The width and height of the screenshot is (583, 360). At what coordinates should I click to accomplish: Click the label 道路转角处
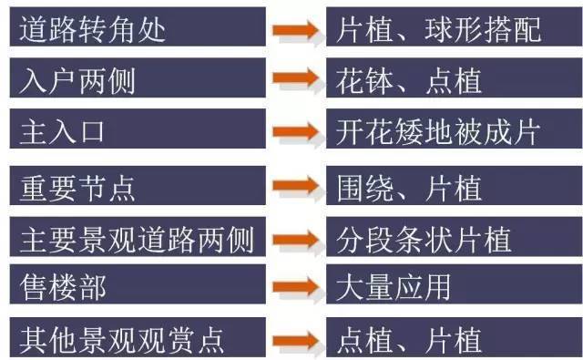(x=92, y=29)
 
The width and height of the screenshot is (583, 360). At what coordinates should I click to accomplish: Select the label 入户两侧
(x=77, y=81)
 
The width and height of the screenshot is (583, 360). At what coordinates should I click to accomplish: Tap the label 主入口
(x=62, y=132)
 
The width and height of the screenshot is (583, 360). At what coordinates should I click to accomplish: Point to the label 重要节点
(x=77, y=189)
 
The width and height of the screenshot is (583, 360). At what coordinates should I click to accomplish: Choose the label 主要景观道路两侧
(x=136, y=240)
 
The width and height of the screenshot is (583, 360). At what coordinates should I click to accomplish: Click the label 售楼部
(x=62, y=289)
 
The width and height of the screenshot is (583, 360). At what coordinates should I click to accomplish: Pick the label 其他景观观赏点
(x=121, y=341)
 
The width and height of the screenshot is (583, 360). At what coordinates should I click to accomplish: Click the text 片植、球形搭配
(x=438, y=29)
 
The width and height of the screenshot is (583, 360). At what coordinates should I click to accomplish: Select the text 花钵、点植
(x=408, y=81)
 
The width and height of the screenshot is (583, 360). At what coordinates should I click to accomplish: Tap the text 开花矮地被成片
(x=438, y=132)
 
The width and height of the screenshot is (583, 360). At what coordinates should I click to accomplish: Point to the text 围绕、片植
(x=408, y=189)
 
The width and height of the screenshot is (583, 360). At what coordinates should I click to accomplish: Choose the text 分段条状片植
(x=424, y=240)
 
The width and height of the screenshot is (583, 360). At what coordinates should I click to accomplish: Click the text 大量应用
(x=394, y=289)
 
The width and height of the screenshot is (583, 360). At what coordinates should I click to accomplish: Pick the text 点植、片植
(x=408, y=341)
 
